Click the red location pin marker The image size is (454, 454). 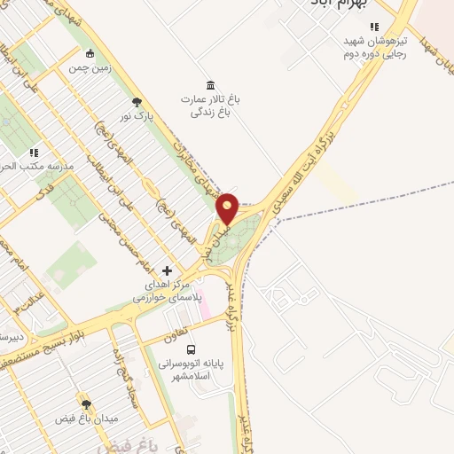pos(228,208)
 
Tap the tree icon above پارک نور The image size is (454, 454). pos(137,101)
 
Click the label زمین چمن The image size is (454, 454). pos(91,67)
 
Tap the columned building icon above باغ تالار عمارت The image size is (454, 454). pos(210,85)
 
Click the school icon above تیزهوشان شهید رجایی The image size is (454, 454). pos(375,27)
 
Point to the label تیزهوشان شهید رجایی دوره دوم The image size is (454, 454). pos(375,45)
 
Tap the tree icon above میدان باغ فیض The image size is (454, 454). pos(85,403)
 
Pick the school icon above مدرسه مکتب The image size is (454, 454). pos(34,152)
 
